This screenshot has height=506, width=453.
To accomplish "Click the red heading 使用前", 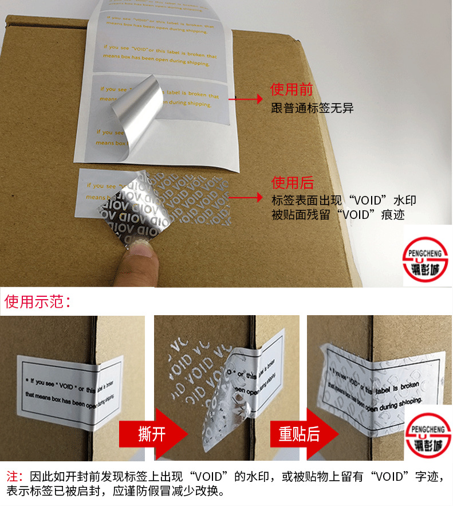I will (x=292, y=89).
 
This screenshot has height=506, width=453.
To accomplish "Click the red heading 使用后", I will (x=292, y=183).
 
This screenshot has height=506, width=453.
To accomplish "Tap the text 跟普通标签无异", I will (x=312, y=108).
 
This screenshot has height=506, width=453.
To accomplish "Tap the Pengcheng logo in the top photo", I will (x=427, y=258).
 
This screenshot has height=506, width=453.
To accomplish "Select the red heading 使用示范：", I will (x=38, y=301).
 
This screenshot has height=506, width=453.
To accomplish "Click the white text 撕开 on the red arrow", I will (x=151, y=434).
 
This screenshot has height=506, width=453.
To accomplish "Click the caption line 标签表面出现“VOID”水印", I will (x=344, y=201).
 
